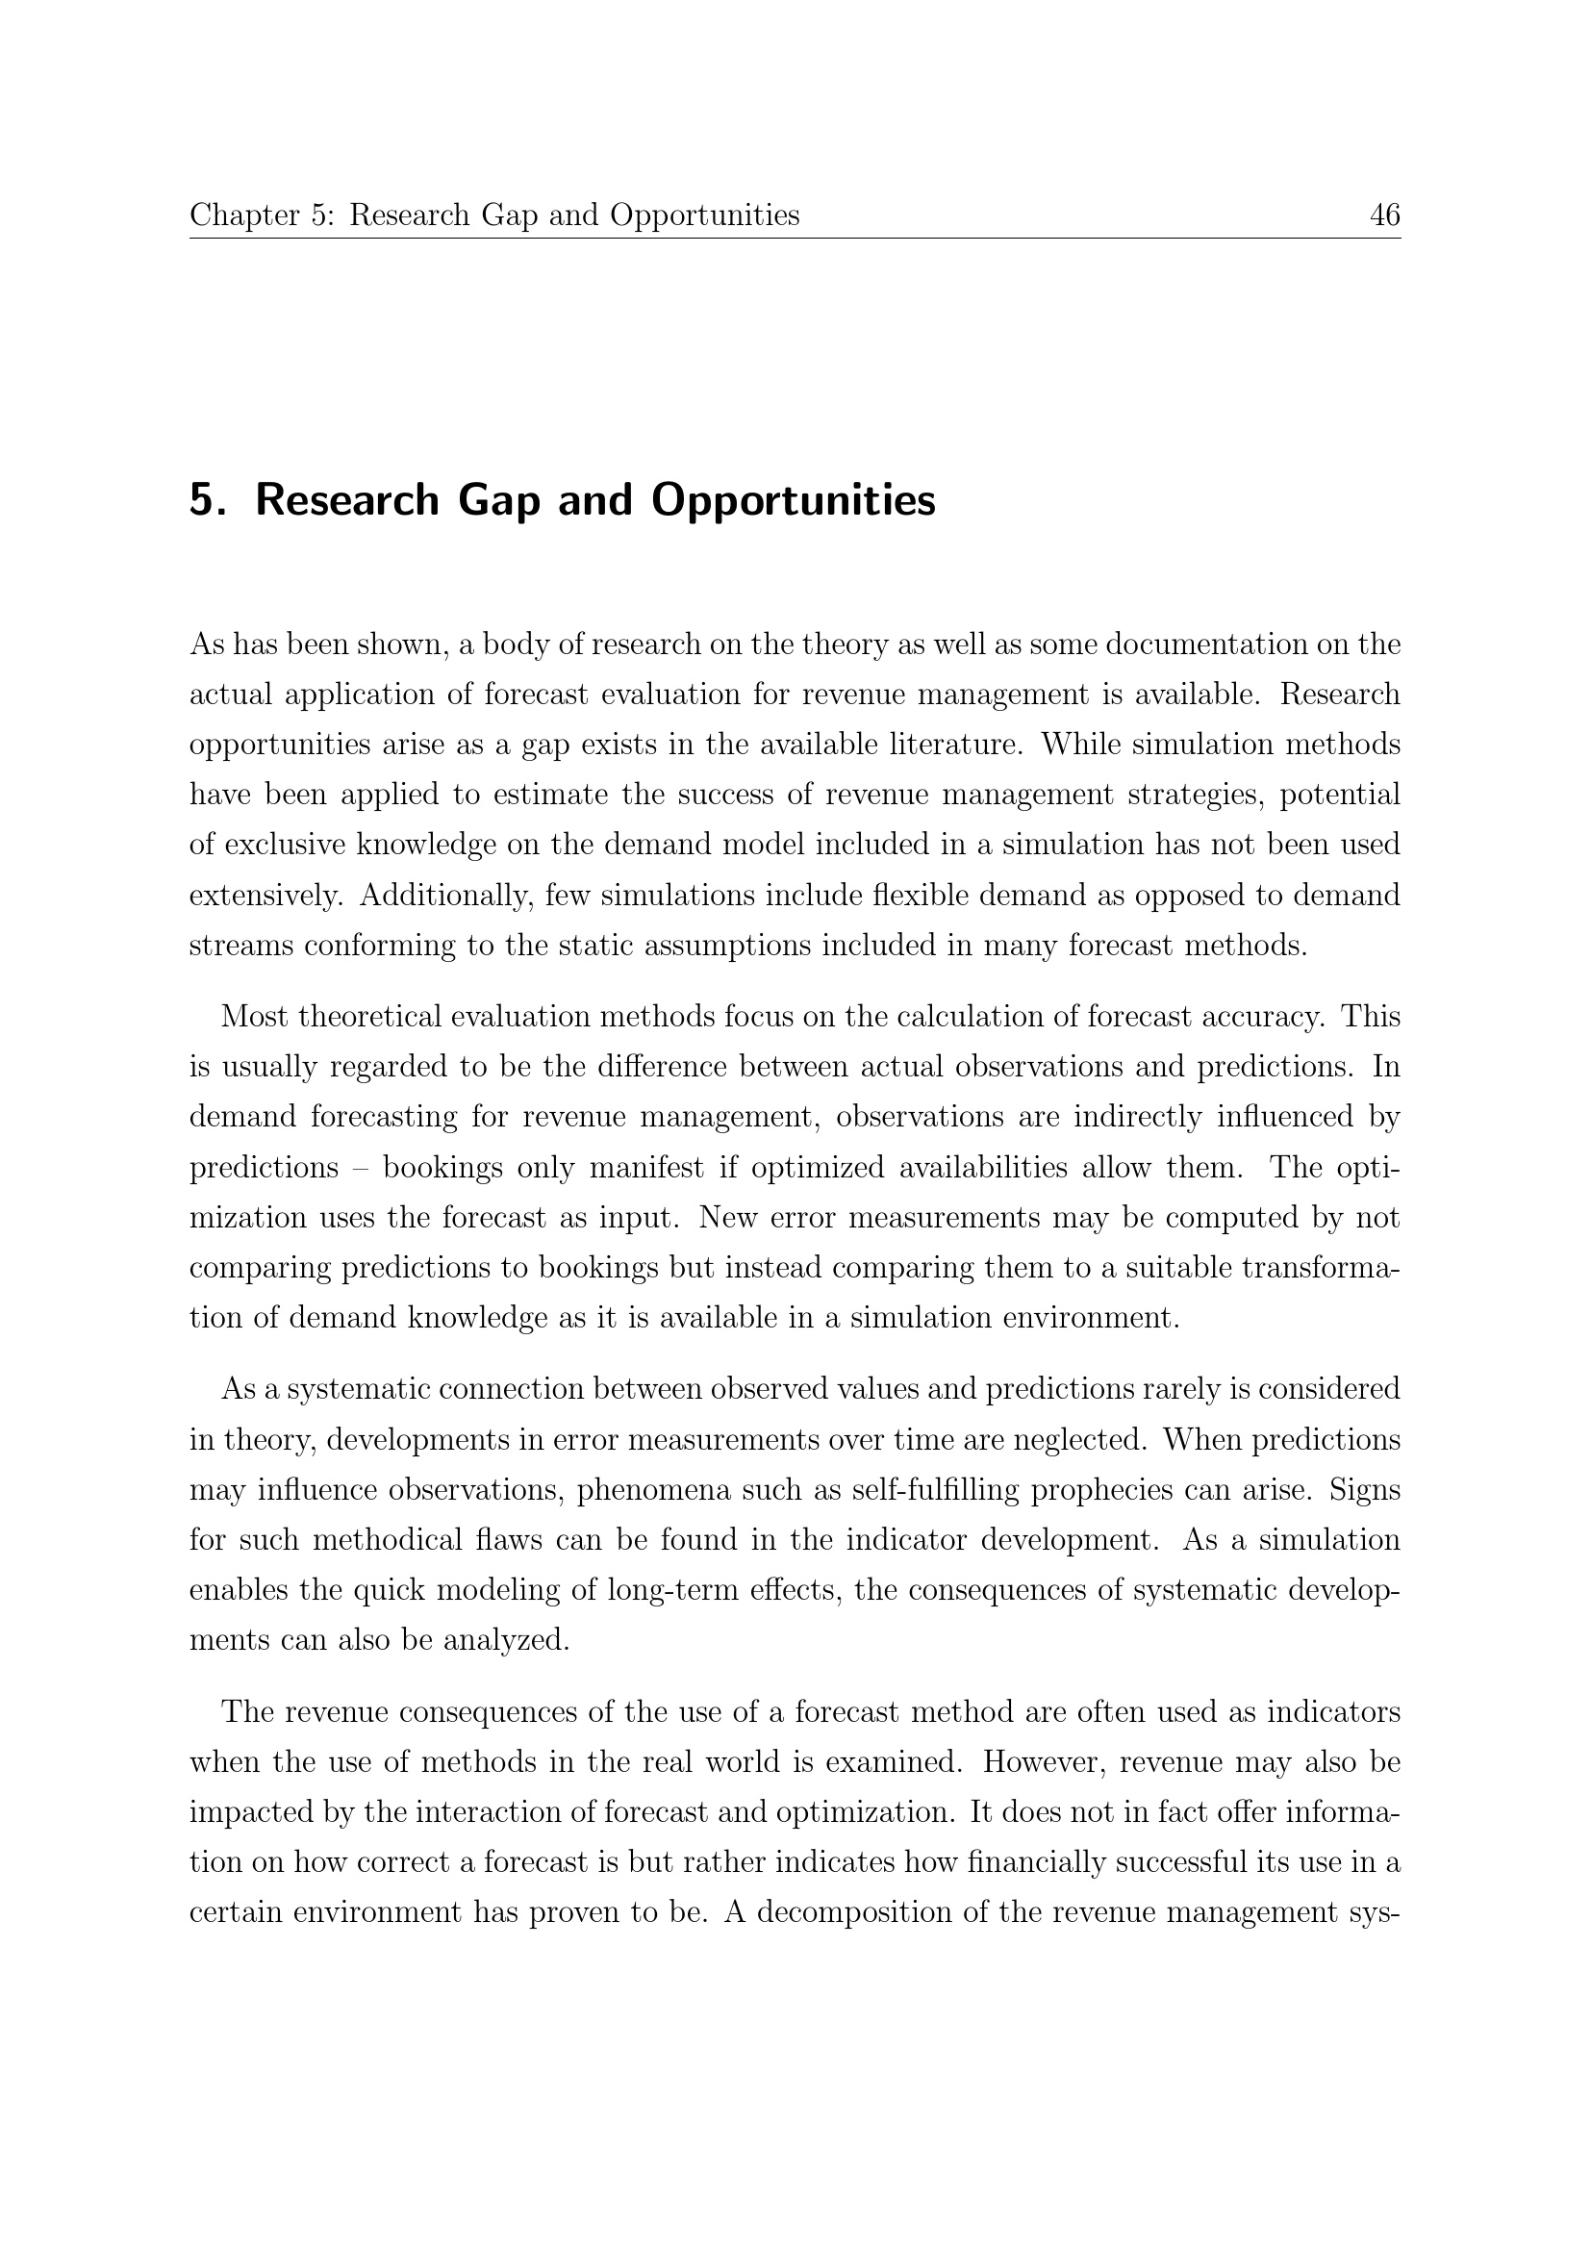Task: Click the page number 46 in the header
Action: coord(1384,215)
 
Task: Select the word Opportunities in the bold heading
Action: coord(794,501)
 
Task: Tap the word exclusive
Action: coord(283,845)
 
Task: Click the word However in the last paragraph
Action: coord(1044,1763)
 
